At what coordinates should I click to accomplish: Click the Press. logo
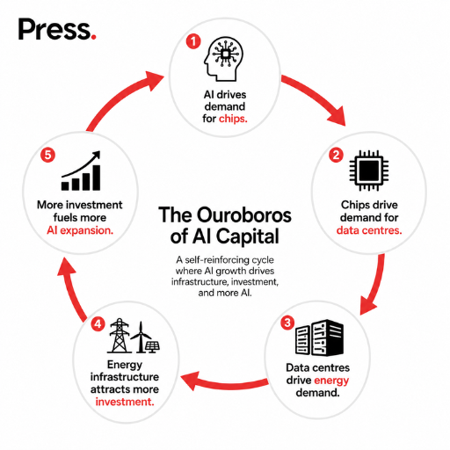[x=57, y=29]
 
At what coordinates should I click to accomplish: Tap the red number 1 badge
[x=193, y=41]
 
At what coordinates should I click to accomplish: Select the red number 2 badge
[x=336, y=155]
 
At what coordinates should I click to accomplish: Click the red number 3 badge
[x=287, y=323]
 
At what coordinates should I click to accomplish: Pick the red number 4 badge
[x=98, y=324]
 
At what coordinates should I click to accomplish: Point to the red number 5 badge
[x=47, y=155]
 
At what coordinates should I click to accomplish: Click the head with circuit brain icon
[x=223, y=59]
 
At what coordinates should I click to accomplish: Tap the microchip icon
[x=369, y=171]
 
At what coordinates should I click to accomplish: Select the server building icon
[x=319, y=337]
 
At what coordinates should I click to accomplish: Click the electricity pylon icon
[x=120, y=336]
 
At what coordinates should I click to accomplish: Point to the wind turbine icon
[x=142, y=337]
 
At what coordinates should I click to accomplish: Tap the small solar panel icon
[x=152, y=347]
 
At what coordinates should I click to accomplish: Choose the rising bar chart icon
[x=81, y=171]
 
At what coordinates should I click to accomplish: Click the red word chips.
[x=233, y=119]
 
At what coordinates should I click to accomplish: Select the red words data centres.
[x=369, y=230]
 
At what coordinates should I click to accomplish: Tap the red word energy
[x=331, y=381]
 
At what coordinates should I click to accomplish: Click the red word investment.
[x=125, y=402]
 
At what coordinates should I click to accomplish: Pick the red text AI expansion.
[x=80, y=231]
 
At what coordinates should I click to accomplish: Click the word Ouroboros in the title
[x=244, y=215]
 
